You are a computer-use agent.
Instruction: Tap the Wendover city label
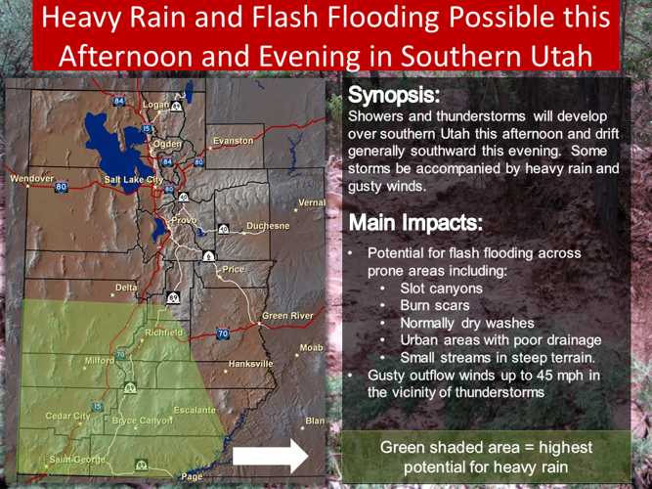[31, 179]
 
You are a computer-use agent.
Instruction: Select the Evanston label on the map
[233, 141]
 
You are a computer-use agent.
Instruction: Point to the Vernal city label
[311, 202]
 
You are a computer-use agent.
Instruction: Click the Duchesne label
[268, 226]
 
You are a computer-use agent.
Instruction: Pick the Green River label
[287, 316]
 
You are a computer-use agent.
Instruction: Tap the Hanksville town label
[250, 363]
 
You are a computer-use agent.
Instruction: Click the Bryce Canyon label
[142, 420]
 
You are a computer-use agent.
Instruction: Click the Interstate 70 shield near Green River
[222, 333]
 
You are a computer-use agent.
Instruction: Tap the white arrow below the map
[270, 456]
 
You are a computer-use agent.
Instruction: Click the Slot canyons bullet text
[441, 289]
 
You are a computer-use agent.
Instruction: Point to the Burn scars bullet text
[436, 305]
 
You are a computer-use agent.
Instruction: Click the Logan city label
[155, 104]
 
